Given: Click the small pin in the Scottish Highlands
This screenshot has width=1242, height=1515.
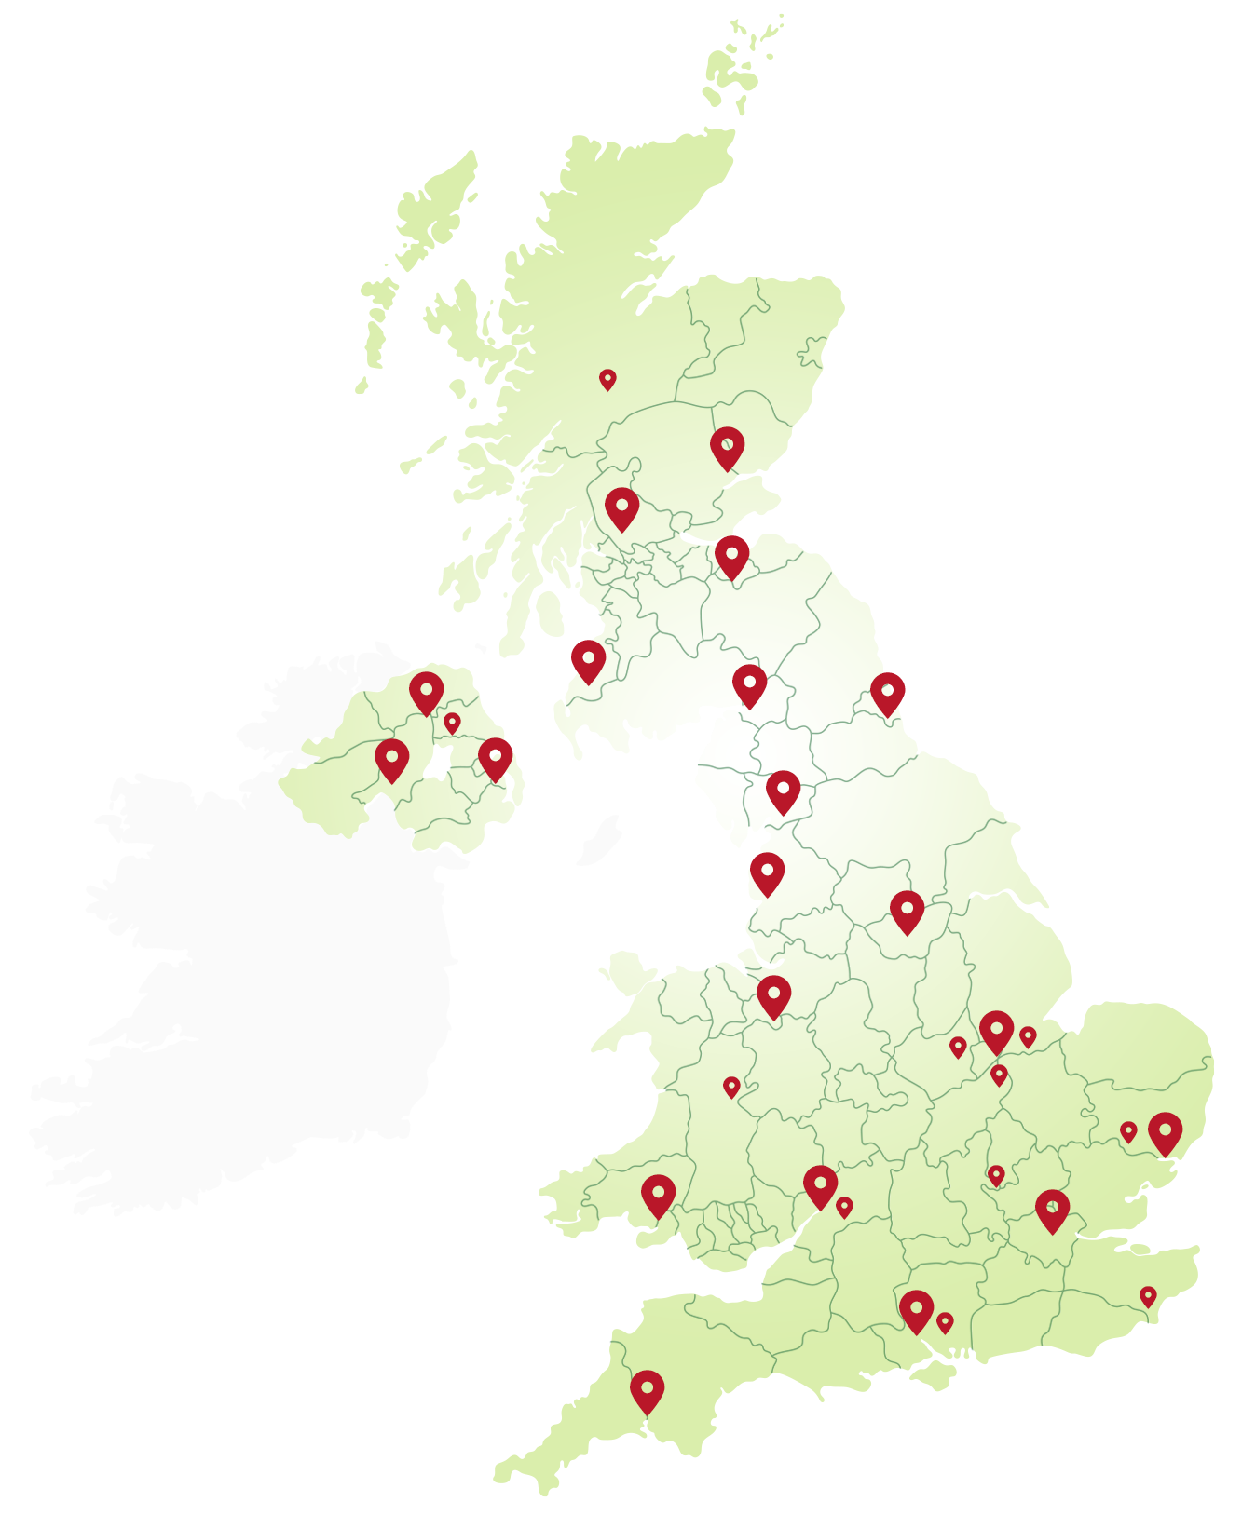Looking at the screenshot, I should click(x=607, y=379).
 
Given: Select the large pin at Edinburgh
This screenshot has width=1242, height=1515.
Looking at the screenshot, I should click(x=732, y=556).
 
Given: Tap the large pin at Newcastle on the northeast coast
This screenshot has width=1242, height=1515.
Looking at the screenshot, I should click(x=888, y=693).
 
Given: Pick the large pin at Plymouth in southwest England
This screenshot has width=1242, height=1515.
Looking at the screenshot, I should click(x=648, y=1390).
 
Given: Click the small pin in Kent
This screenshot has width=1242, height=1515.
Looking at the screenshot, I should click(x=1148, y=1295).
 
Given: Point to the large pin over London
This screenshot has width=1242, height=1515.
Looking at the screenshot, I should click(x=1052, y=1210).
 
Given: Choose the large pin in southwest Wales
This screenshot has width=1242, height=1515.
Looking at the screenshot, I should click(x=658, y=1195).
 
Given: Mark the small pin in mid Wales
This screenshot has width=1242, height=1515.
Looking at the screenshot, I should click(x=731, y=1086).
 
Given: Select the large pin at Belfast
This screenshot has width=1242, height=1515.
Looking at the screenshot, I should click(x=496, y=758).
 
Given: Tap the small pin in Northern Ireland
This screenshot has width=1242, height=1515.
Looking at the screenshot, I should click(x=452, y=722).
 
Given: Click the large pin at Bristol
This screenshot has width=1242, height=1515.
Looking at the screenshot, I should click(x=821, y=1185).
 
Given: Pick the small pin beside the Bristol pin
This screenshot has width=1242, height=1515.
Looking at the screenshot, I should click(x=844, y=1206).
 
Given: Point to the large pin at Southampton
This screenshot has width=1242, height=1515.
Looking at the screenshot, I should click(x=917, y=1310).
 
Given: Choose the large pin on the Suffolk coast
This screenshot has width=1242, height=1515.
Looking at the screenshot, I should click(x=1165, y=1132).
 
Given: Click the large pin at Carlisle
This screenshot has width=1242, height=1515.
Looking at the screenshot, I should click(x=749, y=684).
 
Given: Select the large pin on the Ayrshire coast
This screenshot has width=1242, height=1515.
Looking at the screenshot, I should click(x=588, y=660).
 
